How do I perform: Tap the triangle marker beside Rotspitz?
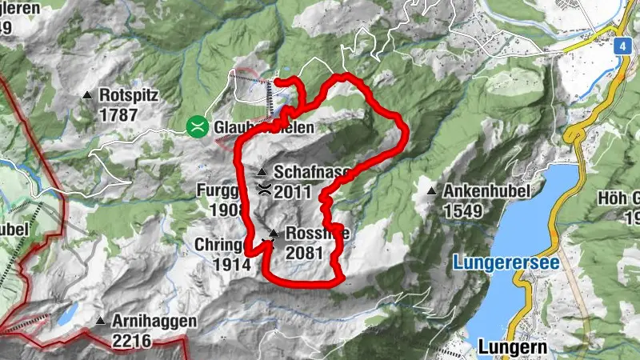(x=88, y=96)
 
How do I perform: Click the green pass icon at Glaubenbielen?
(x=196, y=126)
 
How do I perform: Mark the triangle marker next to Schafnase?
(x=262, y=173)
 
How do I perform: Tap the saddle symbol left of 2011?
(x=264, y=190)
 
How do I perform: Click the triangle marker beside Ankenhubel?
(x=432, y=192)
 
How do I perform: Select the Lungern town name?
(x=512, y=347)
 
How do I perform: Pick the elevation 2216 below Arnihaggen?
(x=132, y=340)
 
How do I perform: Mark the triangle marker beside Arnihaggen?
(x=101, y=322)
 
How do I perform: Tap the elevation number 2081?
(x=303, y=253)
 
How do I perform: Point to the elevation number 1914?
(x=230, y=263)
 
